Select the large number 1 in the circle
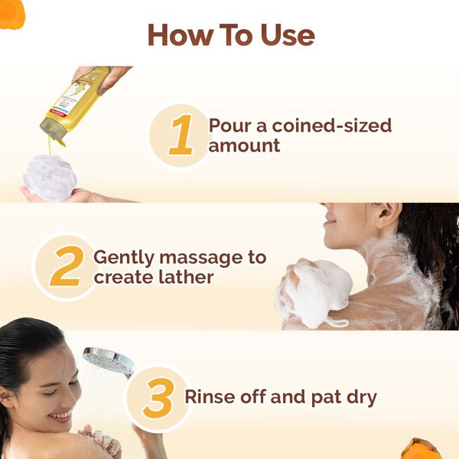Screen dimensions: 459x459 181,135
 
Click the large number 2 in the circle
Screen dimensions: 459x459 65,268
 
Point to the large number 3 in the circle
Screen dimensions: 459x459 158,399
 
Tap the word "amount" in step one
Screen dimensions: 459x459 244,145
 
